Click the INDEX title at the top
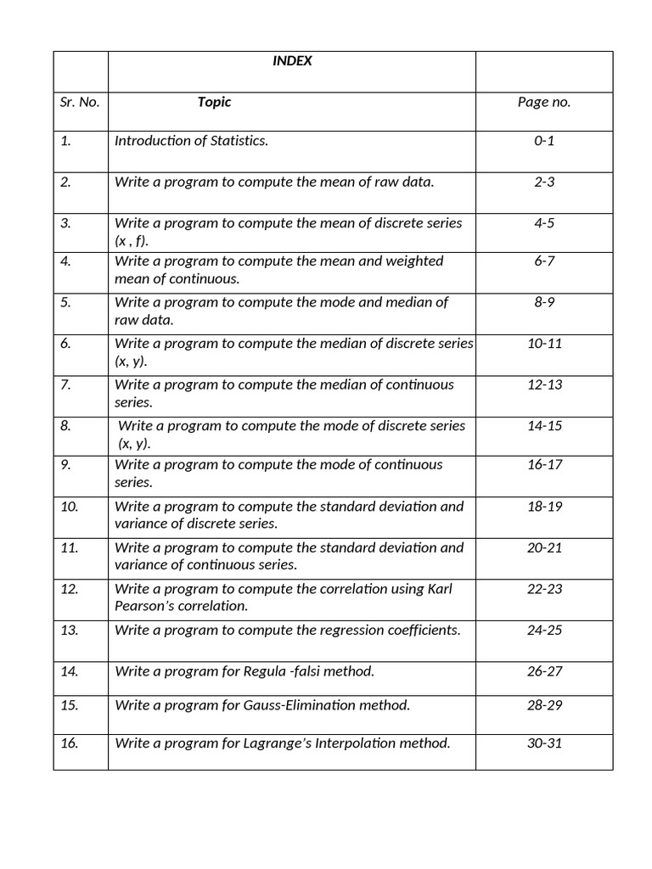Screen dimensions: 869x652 coord(291,61)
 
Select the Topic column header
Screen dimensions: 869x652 coord(214,102)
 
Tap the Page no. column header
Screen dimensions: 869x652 coord(544,102)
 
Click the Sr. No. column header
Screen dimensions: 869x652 coord(80,102)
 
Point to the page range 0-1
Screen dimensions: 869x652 coord(544,140)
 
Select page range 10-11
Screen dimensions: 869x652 coord(544,343)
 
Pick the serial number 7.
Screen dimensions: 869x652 coord(65,384)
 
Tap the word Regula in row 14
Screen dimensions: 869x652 coord(265,671)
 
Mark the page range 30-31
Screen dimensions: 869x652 coord(544,743)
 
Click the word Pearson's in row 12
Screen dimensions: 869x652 coord(143,606)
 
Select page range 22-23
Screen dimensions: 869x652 coord(544,589)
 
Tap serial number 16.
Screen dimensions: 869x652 coord(69,743)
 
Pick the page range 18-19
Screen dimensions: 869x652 coord(544,506)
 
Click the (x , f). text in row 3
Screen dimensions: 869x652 coord(132,240)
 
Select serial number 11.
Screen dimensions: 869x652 coord(69,547)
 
